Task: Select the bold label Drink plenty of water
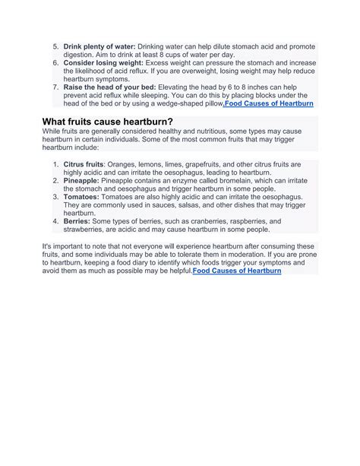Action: (99, 48)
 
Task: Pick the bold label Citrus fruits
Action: (84, 164)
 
